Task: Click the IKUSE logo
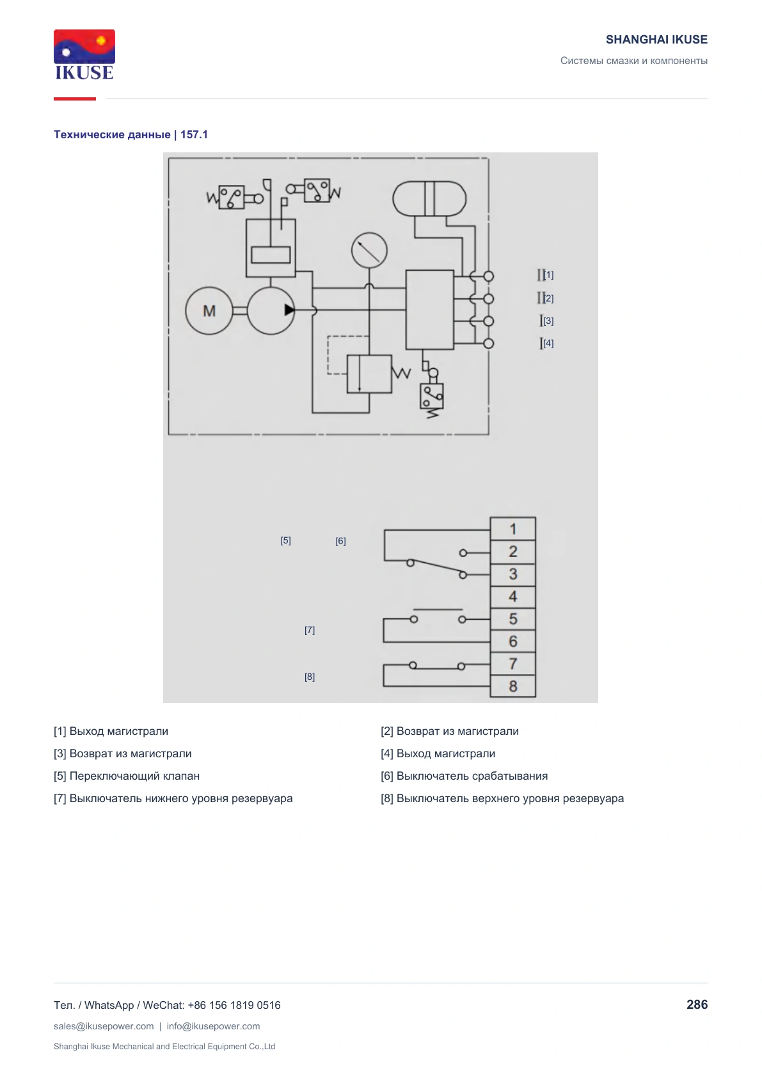point(84,54)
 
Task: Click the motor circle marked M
point(209,311)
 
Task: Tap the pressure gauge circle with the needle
point(369,250)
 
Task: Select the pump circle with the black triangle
point(271,311)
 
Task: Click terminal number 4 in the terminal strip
point(513,597)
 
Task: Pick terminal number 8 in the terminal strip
point(513,686)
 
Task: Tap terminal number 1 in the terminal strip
point(513,529)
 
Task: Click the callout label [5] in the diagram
point(286,540)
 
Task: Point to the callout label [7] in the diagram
point(310,630)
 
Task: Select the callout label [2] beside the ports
point(548,298)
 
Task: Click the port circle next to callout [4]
point(488,344)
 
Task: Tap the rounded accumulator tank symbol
point(429,198)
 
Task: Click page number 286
point(697,1005)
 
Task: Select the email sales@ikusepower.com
point(104,1026)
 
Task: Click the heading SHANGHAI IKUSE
point(656,40)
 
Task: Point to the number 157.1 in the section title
point(194,134)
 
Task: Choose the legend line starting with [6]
point(464,776)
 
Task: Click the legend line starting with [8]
point(502,798)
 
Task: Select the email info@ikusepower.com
point(213,1026)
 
